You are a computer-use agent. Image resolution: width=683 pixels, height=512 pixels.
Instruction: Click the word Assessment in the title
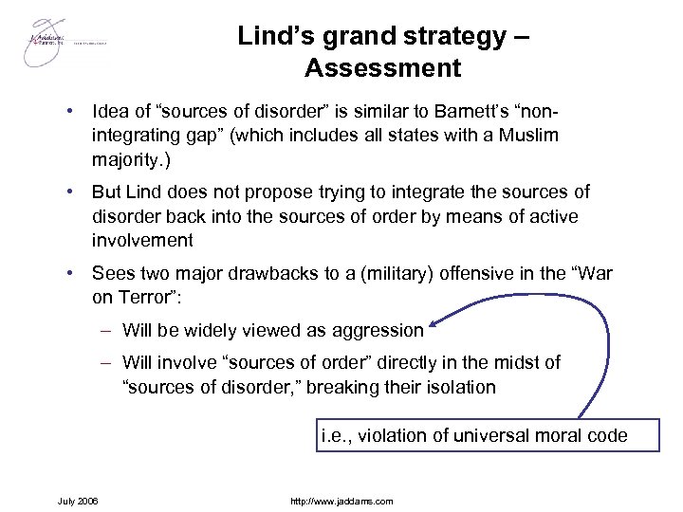pyautogui.click(x=383, y=68)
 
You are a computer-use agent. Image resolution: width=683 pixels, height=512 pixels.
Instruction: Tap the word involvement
pyautogui.click(x=142, y=240)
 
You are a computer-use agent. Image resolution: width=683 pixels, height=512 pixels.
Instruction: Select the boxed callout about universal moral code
pyautogui.click(x=474, y=436)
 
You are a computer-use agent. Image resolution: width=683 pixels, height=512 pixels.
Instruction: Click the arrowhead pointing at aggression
pyautogui.click(x=434, y=328)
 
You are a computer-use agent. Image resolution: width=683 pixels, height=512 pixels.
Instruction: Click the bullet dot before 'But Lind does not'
pyautogui.click(x=71, y=192)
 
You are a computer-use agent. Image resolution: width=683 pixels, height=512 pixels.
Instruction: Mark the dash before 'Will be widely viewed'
pyautogui.click(x=108, y=331)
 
